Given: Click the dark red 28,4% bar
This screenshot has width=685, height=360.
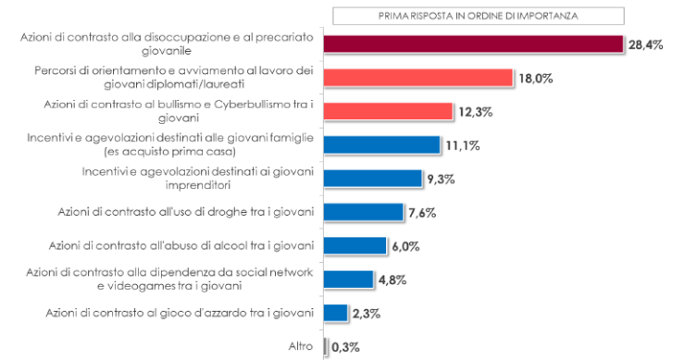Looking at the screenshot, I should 473,44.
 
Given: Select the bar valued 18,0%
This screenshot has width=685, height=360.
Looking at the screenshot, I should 418,78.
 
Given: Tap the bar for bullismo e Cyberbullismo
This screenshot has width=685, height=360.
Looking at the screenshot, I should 389,111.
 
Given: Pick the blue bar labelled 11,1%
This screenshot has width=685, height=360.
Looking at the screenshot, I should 382,144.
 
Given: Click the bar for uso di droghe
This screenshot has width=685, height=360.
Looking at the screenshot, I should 364,212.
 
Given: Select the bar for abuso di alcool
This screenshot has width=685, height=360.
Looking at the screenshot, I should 355,245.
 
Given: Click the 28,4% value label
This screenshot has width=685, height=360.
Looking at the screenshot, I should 647,45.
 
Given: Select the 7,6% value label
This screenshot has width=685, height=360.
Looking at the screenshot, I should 421,213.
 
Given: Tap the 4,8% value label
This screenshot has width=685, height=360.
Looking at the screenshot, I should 392,279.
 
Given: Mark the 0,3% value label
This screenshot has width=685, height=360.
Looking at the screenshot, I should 345,347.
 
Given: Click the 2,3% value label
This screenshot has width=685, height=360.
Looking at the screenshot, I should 367,313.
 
